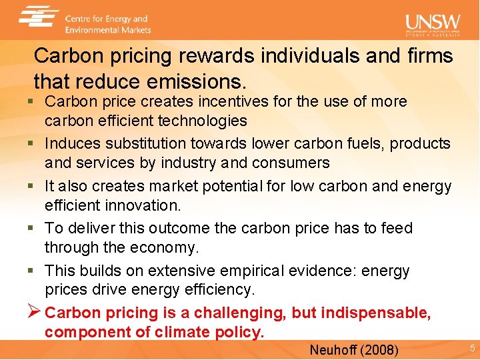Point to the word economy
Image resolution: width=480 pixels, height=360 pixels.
tap(170, 247)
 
